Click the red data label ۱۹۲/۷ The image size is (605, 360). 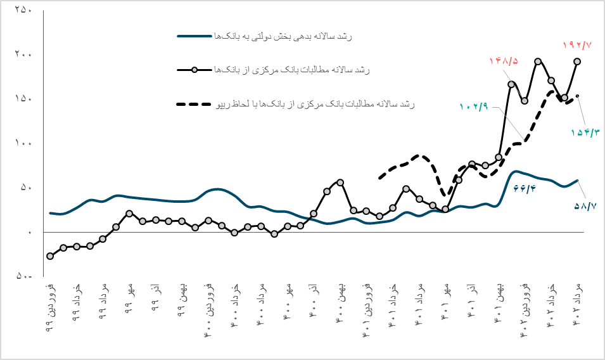576,45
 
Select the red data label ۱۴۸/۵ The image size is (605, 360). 504,61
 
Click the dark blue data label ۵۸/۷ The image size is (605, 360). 585,207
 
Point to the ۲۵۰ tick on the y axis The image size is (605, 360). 23,10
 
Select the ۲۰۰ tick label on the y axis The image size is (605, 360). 23,55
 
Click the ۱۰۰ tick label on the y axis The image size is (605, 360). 23,144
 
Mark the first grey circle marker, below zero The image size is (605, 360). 50,255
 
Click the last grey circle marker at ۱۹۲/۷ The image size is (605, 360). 577,61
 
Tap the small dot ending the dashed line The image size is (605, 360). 578,96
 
